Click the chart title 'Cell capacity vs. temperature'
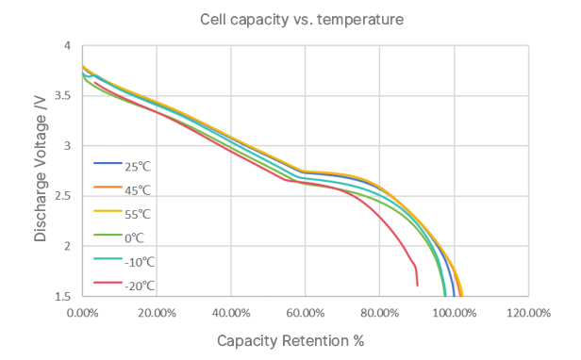tap(290, 19)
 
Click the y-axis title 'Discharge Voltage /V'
tap(41, 171)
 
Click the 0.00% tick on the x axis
tap(83, 312)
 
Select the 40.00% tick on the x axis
tap(231, 312)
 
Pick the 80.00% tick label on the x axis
tap(379, 312)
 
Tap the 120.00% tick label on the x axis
tap(527, 312)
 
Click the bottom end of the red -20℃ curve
tap(417, 285)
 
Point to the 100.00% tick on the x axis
tap(454, 312)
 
